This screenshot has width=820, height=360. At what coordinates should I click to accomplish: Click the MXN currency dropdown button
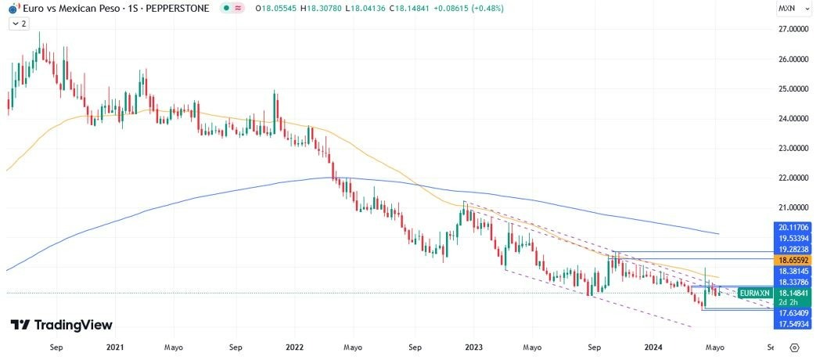click(790, 9)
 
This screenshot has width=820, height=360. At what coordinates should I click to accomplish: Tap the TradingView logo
click(61, 325)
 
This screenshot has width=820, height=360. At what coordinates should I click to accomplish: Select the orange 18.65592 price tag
click(793, 259)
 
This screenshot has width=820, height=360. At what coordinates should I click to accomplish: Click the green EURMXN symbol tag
click(754, 292)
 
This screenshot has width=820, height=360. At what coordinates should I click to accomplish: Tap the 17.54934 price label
click(793, 323)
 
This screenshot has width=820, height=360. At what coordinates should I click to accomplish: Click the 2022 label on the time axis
click(294, 346)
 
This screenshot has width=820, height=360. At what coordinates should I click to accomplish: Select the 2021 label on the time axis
click(114, 346)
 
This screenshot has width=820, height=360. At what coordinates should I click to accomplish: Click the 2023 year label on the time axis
click(473, 346)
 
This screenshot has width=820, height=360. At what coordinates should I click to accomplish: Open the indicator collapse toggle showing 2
click(19, 24)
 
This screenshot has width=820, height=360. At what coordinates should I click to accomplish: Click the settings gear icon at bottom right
click(794, 347)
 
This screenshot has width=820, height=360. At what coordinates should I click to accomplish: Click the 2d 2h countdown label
click(789, 302)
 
